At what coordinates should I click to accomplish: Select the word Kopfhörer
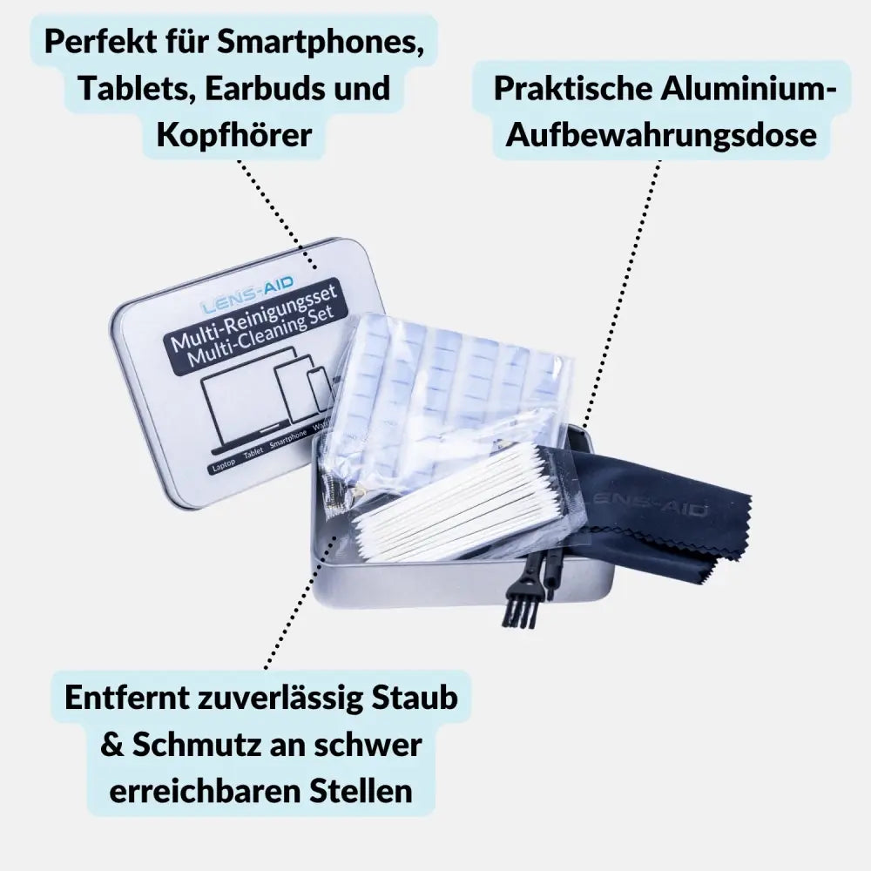[233, 134]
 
